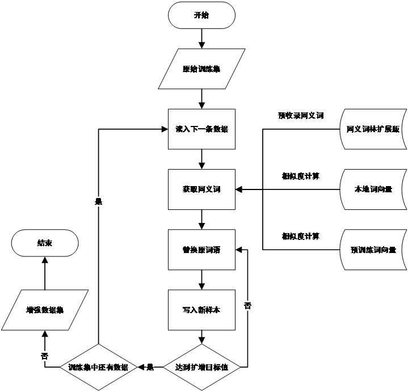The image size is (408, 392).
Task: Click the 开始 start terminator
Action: click(x=201, y=15)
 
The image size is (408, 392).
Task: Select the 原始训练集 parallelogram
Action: click(x=201, y=69)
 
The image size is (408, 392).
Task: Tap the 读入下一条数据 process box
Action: click(x=201, y=129)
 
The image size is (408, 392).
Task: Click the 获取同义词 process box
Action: click(x=201, y=189)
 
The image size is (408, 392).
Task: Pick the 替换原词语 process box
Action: click(x=201, y=250)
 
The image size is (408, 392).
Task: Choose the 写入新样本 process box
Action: click(x=201, y=310)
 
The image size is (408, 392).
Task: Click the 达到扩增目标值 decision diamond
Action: click(x=201, y=368)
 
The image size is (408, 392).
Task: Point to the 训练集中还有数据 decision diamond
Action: click(x=98, y=368)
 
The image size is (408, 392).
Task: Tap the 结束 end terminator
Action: click(x=45, y=243)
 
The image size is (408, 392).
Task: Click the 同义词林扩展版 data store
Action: click(x=373, y=129)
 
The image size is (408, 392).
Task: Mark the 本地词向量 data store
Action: click(x=373, y=189)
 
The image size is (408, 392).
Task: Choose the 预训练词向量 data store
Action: click(x=373, y=250)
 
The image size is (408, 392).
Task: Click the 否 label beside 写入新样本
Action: click(x=247, y=306)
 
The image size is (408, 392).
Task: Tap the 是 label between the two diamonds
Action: click(x=150, y=368)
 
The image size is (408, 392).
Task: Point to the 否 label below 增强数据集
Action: click(x=45, y=356)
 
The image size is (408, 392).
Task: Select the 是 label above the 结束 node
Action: click(x=98, y=201)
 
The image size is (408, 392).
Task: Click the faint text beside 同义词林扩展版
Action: click(x=301, y=116)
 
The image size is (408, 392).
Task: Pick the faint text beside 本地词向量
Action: click(x=300, y=176)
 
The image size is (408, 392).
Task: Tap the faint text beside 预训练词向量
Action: click(x=300, y=236)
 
